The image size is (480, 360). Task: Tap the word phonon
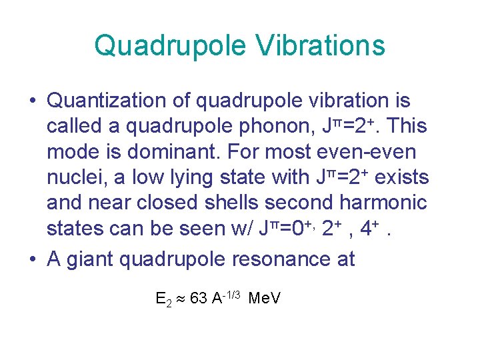click(248, 127)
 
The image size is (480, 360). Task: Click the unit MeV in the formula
click(264, 298)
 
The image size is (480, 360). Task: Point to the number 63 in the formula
click(198, 298)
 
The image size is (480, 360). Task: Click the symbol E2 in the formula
click(163, 299)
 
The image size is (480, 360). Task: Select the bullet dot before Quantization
click(33, 101)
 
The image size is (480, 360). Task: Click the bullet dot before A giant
click(33, 259)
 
